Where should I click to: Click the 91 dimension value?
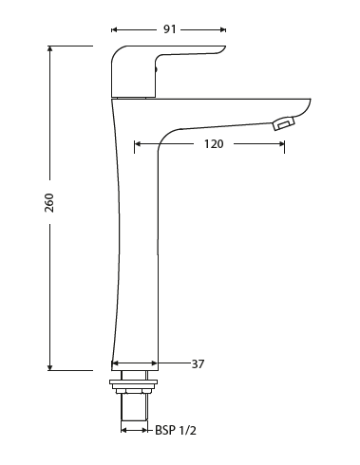tap(168, 29)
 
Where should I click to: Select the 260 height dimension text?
tap(49, 202)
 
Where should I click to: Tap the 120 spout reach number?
tap(214, 144)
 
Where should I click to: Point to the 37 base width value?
tap(198, 363)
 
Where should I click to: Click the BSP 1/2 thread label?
tap(176, 430)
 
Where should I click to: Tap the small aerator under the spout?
tap(282, 123)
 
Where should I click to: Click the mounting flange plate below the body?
tap(133, 383)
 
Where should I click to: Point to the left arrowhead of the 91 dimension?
tap(114, 29)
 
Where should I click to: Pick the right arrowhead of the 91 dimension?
tap(223, 29)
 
